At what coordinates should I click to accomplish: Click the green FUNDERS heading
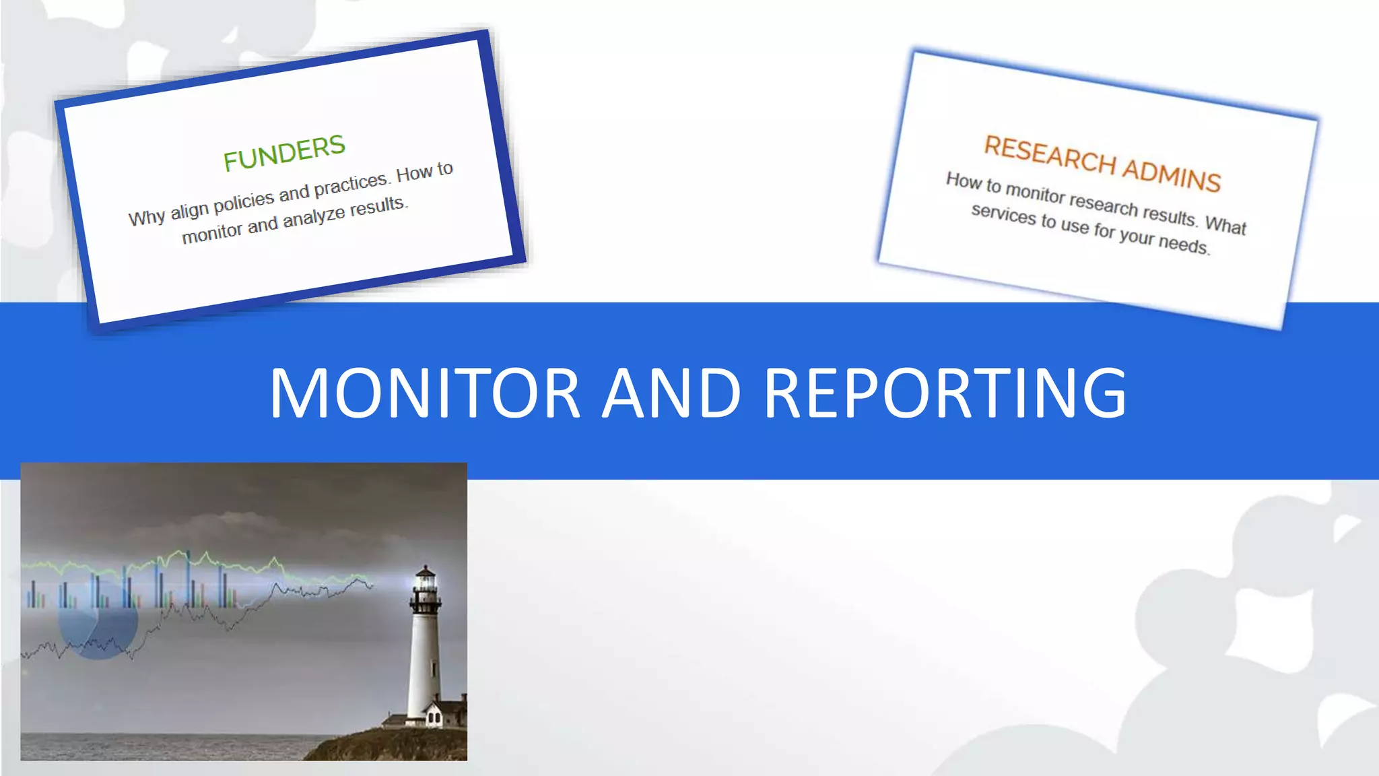(284, 152)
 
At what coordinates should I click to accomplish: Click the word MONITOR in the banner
(425, 393)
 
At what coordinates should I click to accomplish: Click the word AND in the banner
(671, 393)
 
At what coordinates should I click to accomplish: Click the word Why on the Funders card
(146, 218)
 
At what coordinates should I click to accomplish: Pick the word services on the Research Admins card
(1003, 214)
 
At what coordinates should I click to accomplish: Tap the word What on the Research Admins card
(1225, 225)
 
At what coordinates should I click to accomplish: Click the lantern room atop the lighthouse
(426, 578)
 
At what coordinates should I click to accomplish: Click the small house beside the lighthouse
(444, 713)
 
